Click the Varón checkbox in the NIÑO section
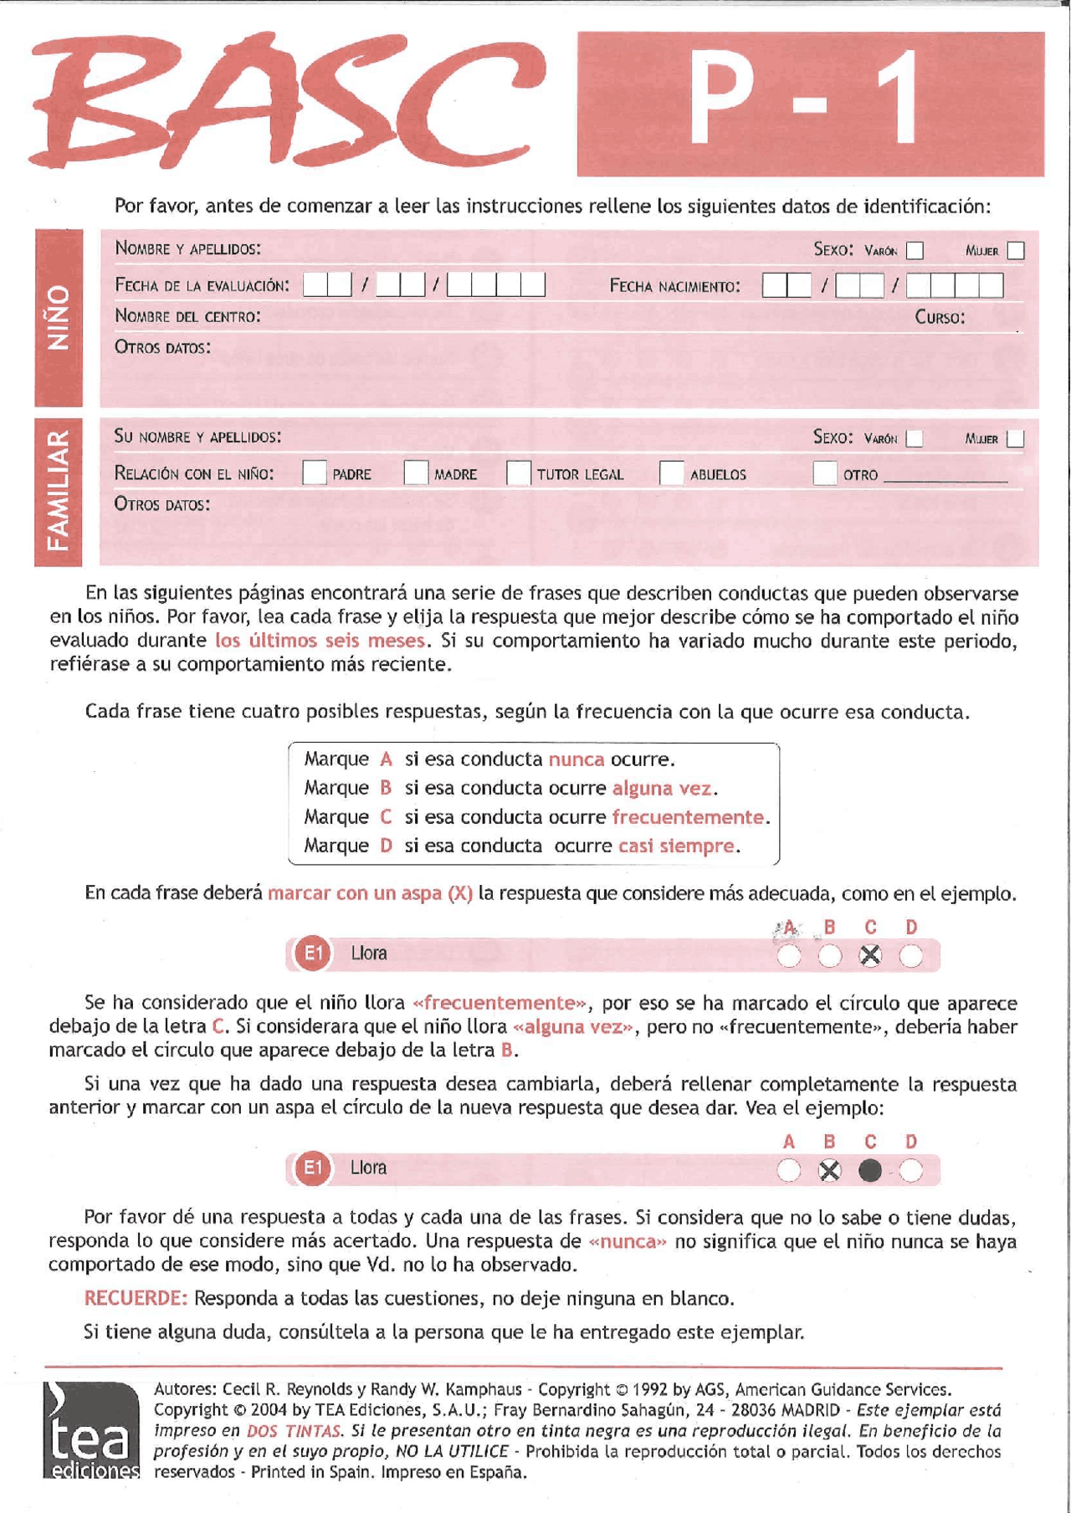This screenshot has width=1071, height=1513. [x=915, y=250]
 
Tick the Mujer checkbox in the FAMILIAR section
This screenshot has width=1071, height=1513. [x=1015, y=438]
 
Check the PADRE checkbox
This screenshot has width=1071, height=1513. [x=314, y=473]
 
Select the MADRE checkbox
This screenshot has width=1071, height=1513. [x=416, y=473]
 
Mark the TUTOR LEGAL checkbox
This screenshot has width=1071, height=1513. [x=518, y=473]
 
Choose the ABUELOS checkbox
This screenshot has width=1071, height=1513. [x=671, y=473]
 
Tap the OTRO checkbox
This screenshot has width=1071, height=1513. [x=825, y=473]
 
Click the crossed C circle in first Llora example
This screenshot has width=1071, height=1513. [x=870, y=955]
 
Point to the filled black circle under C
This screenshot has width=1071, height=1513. [x=870, y=1170]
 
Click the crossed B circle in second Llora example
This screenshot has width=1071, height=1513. [x=829, y=1170]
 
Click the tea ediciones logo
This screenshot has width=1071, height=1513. [x=91, y=1429]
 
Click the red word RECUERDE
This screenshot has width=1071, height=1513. [x=136, y=1298]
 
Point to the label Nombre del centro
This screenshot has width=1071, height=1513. [x=187, y=316]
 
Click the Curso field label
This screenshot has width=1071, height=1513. [x=940, y=318]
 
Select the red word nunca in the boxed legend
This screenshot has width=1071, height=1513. [x=576, y=759]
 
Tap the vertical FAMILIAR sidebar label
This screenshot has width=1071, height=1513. [x=58, y=491]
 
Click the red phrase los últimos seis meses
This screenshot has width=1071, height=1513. [x=320, y=641]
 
